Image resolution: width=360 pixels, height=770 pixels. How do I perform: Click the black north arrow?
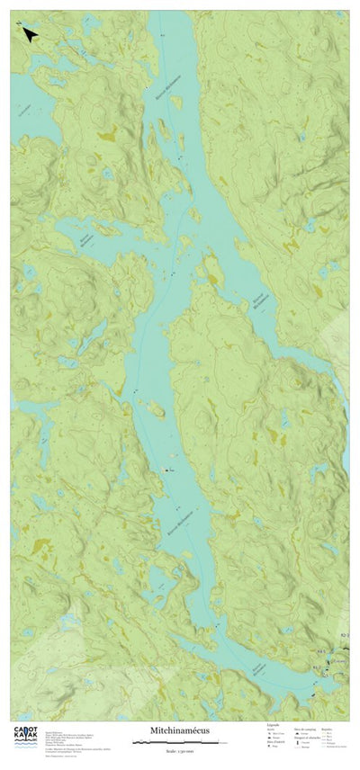pos(29,34)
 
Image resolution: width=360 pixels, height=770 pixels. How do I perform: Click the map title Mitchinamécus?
pos(179,730)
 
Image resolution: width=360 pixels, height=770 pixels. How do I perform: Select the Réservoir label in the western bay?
pos(84,240)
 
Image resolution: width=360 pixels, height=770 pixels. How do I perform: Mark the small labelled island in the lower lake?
pos(167,470)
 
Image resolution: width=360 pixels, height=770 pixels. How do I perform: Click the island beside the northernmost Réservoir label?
pos(162,135)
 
